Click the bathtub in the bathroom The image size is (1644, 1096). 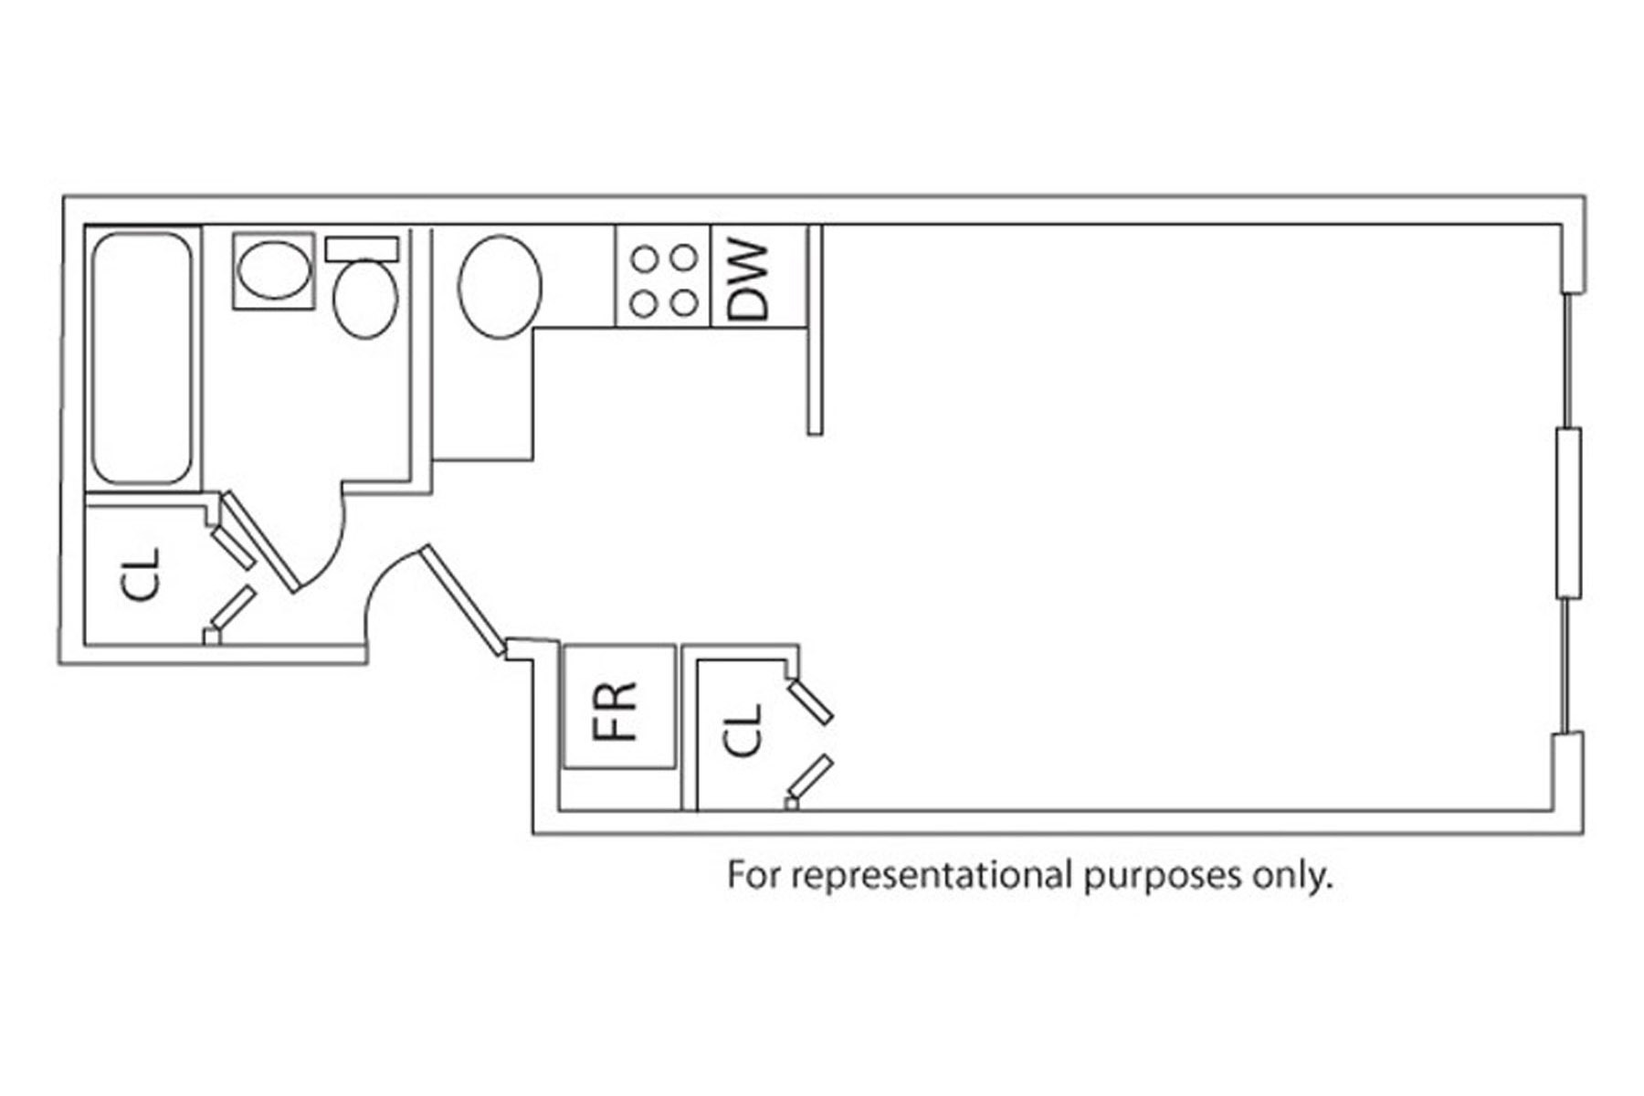(x=142, y=356)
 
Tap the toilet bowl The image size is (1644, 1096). (x=365, y=299)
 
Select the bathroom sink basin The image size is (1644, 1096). (x=272, y=271)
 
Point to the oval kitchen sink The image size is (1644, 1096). (x=499, y=287)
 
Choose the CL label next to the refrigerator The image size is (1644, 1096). (x=744, y=729)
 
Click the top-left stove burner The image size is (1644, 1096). (x=644, y=259)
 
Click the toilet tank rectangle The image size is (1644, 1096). (x=363, y=249)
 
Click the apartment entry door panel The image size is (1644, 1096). (x=461, y=600)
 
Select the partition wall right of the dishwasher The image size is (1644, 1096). (x=816, y=329)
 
